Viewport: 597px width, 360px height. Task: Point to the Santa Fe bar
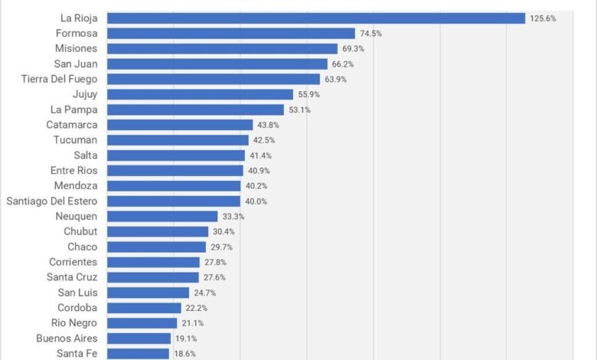pyautogui.click(x=138, y=353)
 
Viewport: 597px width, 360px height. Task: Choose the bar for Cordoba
pyautogui.click(x=144, y=307)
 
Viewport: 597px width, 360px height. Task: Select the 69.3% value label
pyautogui.click(x=353, y=48)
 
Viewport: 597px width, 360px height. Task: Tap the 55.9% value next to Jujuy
pyautogui.click(x=309, y=94)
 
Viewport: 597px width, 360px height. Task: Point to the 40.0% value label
pyautogui.click(x=256, y=201)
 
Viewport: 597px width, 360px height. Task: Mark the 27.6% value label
pyautogui.click(x=215, y=277)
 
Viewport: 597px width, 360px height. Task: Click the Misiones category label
pyautogui.click(x=76, y=48)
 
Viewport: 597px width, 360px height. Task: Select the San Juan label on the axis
pyautogui.click(x=75, y=64)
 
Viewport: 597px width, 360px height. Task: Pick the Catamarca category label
pyautogui.click(x=71, y=124)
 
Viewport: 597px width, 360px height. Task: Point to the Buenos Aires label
pyautogui.click(x=66, y=338)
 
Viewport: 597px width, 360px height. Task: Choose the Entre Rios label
pyautogui.click(x=73, y=170)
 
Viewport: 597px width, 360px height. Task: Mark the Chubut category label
pyautogui.click(x=80, y=231)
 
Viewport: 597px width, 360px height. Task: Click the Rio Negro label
pyautogui.click(x=73, y=322)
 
